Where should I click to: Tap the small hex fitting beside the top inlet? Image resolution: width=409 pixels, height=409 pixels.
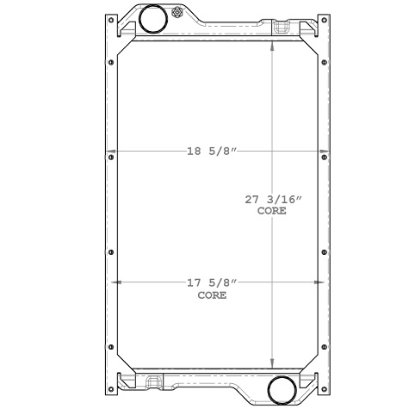(177, 13)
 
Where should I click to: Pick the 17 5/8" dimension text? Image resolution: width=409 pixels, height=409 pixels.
(212, 282)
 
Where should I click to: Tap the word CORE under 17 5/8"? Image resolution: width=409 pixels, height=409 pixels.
(212, 294)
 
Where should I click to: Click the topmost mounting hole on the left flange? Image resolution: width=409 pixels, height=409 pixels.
(109, 63)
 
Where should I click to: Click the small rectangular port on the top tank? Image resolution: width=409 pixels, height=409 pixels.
(282, 28)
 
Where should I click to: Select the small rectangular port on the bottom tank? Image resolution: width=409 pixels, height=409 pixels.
(160, 381)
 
